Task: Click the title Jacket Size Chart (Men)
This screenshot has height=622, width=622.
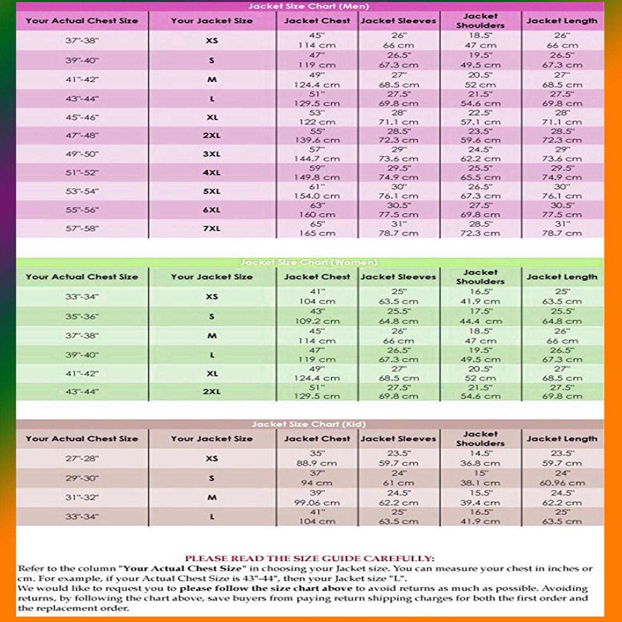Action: pyautogui.click(x=309, y=6)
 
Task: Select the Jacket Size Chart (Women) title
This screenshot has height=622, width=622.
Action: pyautogui.click(x=309, y=262)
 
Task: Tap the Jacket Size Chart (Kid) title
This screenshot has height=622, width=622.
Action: pyautogui.click(x=309, y=424)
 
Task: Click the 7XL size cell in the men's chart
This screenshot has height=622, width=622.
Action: pyautogui.click(x=211, y=228)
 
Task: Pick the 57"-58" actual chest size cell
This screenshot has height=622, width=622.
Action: pyautogui.click(x=82, y=228)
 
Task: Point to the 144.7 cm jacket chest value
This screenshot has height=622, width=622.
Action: pyautogui.click(x=317, y=159)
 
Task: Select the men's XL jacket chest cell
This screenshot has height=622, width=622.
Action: pyautogui.click(x=317, y=117)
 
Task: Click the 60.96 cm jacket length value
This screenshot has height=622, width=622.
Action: pyautogui.click(x=562, y=483)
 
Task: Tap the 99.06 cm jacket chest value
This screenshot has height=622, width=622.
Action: pyautogui.click(x=317, y=503)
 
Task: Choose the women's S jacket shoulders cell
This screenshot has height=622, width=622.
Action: pyautogui.click(x=480, y=316)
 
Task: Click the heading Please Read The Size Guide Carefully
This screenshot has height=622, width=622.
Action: pyautogui.click(x=309, y=559)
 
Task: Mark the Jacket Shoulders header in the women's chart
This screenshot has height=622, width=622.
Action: pyautogui.click(x=480, y=277)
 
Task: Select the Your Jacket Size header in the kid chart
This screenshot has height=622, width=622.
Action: pyautogui.click(x=211, y=439)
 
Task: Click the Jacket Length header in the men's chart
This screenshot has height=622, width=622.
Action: pyautogui.click(x=562, y=21)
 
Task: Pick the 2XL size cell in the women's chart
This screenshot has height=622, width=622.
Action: pyautogui.click(x=211, y=391)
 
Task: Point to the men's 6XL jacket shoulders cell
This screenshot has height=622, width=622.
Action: pyautogui.click(x=480, y=210)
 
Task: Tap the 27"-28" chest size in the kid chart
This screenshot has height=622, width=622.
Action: pyautogui.click(x=82, y=459)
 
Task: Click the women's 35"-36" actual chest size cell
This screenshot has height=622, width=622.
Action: pyautogui.click(x=82, y=316)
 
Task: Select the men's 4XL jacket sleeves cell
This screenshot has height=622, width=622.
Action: pyautogui.click(x=398, y=173)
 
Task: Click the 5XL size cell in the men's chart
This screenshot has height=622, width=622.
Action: pyautogui.click(x=211, y=191)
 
